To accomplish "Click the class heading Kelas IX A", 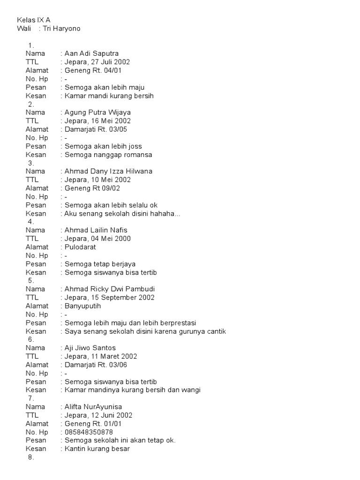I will coord(33,20).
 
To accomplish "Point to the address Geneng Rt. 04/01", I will coord(91,70).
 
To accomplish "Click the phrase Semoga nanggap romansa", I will coord(108,155).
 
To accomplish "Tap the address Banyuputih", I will coord(81,306).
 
